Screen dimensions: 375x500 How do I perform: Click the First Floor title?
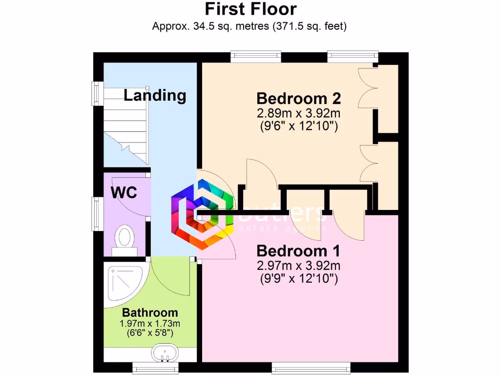click(250, 9)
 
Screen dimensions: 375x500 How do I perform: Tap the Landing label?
click(155, 95)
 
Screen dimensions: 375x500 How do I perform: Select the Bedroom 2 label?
click(298, 99)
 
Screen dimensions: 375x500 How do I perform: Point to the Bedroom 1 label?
click(298, 251)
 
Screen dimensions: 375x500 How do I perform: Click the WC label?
click(124, 192)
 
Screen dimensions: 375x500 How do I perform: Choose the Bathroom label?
click(150, 312)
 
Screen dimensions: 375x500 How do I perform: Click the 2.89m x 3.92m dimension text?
click(298, 114)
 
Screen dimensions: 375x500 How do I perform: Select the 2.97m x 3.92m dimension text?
click(298, 266)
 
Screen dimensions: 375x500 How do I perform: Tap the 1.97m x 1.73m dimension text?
click(150, 324)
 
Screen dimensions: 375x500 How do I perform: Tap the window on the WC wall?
click(98, 213)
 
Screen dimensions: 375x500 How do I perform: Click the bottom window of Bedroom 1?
click(311, 367)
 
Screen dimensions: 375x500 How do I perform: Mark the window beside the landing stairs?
click(98, 93)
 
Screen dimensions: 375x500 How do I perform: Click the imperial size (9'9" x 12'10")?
click(298, 279)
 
